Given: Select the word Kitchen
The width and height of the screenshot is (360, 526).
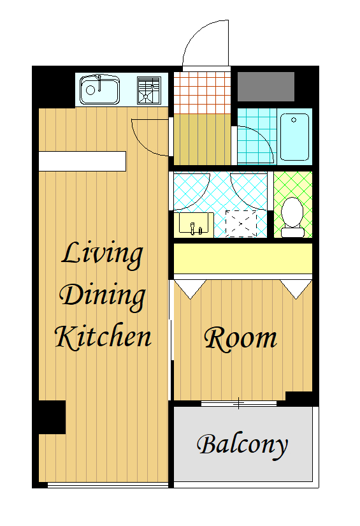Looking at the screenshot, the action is tap(103, 336).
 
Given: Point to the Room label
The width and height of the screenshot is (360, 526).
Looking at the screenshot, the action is tap(240, 339).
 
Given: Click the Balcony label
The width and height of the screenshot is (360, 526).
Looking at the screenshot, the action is tap(242, 446).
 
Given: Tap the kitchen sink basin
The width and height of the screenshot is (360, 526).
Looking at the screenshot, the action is tap(99, 89).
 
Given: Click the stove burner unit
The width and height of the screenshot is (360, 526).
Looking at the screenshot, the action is tap(149, 91).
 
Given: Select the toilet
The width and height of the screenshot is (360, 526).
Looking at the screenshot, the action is tap(292, 217).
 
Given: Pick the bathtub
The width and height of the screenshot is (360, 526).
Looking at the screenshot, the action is tap(294, 137).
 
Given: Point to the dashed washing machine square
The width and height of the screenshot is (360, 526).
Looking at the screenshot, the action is tap(241, 224).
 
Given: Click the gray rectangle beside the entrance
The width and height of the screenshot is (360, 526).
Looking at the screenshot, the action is tap(266, 87).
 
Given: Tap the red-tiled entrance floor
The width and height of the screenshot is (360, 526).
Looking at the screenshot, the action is tap(202, 93).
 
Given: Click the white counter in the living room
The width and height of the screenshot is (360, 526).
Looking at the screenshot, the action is tap(82, 161).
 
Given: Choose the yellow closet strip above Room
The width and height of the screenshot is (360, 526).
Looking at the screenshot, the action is tap(243, 259).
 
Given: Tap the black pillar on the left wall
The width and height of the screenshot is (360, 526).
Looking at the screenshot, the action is tap(52, 417).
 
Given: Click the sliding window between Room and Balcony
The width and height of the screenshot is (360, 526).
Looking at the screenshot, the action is tap(239, 404).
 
